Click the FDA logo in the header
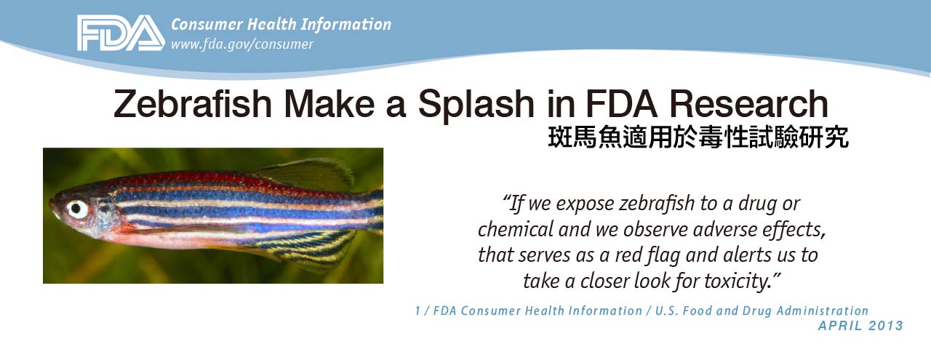coord(121,33)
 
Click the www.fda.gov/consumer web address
coord(242,44)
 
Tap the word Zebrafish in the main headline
coord(193,103)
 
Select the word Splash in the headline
coord(476,104)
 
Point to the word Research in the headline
coord(748,103)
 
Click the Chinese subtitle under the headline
coord(698,137)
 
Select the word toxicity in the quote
coord(738,281)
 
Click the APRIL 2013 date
coord(860,326)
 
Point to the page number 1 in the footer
coord(417,311)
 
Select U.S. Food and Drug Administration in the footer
coord(762,311)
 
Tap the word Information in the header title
coord(345,24)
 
